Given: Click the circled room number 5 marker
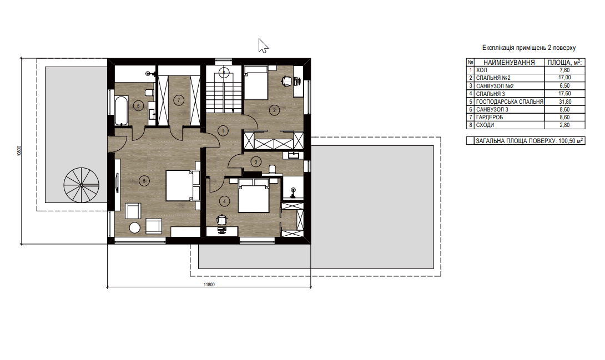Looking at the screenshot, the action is [144, 180].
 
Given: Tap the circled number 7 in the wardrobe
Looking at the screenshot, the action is [178, 100].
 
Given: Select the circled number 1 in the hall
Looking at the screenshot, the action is [223, 131].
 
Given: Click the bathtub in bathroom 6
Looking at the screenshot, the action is [121, 110].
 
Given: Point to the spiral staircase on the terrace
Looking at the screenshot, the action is [82, 185].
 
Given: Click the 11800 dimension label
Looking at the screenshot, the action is [209, 285].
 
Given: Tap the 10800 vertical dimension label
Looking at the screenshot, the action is [19, 151].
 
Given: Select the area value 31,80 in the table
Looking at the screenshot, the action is [564, 102].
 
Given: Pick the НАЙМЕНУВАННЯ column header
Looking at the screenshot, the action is [509, 63].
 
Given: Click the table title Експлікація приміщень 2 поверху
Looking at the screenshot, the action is [528, 48].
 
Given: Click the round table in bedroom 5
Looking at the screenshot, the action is [135, 228].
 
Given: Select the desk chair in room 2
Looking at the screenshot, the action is [286, 81].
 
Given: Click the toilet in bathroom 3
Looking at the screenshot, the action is [271, 169].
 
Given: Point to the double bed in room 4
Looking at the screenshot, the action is [253, 195].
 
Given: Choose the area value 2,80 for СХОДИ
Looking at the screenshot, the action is [564, 125].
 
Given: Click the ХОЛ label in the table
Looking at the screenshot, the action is [482, 70].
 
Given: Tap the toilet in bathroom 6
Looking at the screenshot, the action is [149, 93].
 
